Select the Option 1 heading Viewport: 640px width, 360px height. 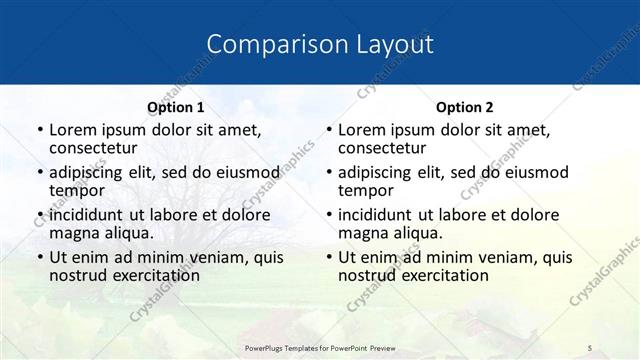pyautogui.click(x=175, y=107)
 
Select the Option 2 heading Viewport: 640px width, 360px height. pyautogui.click(x=465, y=107)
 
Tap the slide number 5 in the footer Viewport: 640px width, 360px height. pyautogui.click(x=590, y=347)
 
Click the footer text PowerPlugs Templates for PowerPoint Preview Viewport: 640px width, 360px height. pyautogui.click(x=319, y=347)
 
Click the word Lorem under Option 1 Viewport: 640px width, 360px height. pyautogui.click(x=73, y=129)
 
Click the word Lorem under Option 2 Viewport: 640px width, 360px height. pyautogui.click(x=362, y=129)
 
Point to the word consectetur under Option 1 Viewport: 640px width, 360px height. pyautogui.click(x=93, y=148)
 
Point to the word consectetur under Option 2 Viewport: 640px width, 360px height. pyautogui.click(x=382, y=148)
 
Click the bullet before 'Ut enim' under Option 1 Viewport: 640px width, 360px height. pyautogui.click(x=38, y=257)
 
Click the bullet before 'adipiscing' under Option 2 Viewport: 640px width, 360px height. pyautogui.click(x=327, y=172)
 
